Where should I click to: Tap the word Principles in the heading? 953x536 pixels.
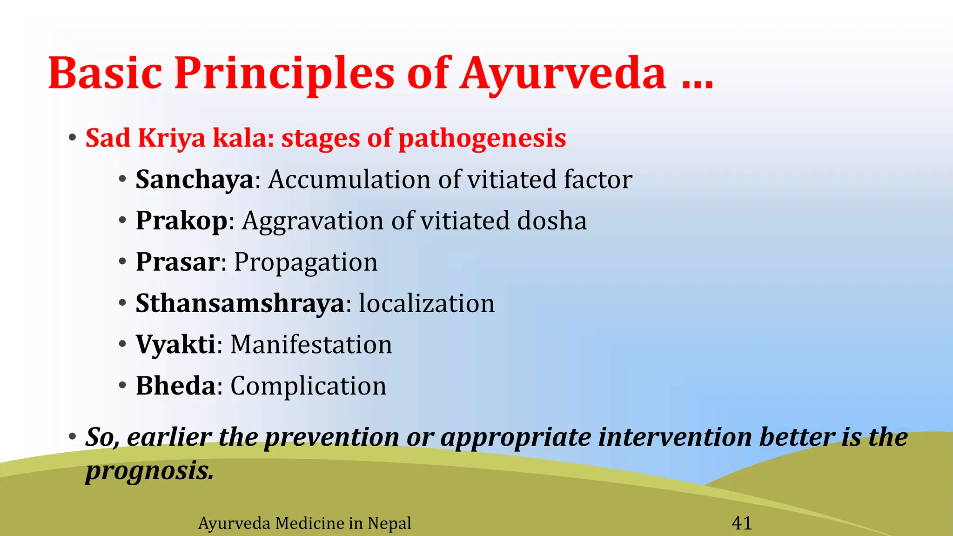click(x=284, y=74)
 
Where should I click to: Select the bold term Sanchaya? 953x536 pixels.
click(x=195, y=180)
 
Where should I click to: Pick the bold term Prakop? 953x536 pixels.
click(x=181, y=221)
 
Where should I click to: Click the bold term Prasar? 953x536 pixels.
click(x=177, y=262)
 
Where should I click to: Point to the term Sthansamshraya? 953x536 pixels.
click(x=240, y=303)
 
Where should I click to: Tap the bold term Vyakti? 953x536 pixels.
click(x=175, y=345)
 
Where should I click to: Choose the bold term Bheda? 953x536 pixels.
click(x=175, y=386)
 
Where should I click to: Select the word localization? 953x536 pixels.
click(x=427, y=303)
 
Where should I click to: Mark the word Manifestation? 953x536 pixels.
click(x=311, y=345)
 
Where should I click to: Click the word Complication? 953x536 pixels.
click(x=308, y=387)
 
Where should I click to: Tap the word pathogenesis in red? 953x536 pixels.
click(x=482, y=139)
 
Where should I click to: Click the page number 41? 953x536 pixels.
click(x=742, y=523)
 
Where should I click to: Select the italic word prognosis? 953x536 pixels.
click(x=149, y=471)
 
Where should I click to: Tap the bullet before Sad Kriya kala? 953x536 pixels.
click(x=72, y=138)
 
